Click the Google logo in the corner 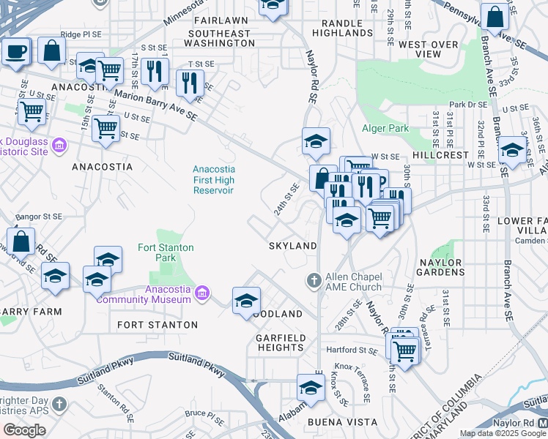tap(24, 430)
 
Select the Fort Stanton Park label tap(166, 252)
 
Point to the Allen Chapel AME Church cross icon tap(314, 280)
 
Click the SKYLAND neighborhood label tap(292, 246)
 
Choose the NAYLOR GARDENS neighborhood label tap(441, 267)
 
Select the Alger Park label tap(384, 128)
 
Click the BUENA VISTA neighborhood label tap(332, 422)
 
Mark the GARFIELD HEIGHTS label tap(281, 342)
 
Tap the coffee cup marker tap(15, 52)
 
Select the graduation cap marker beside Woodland tap(247, 300)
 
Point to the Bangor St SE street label tap(39, 217)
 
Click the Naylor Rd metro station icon tap(541, 424)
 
